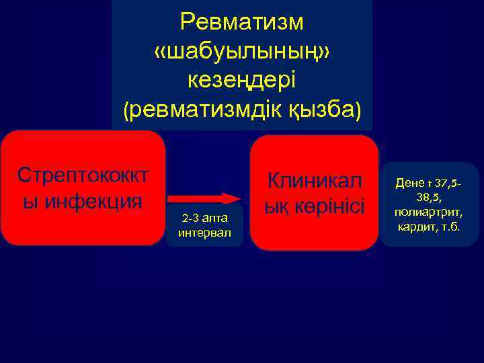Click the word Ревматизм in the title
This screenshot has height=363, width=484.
pyautogui.click(x=242, y=22)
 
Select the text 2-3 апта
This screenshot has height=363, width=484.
pyautogui.click(x=204, y=218)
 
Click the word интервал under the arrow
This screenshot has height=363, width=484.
pyautogui.click(x=204, y=233)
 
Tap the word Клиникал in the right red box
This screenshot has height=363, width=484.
pyautogui.click(x=315, y=180)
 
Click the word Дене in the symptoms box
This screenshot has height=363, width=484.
pyautogui.click(x=409, y=183)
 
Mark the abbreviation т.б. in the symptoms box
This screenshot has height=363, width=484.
pyautogui.click(x=448, y=227)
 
